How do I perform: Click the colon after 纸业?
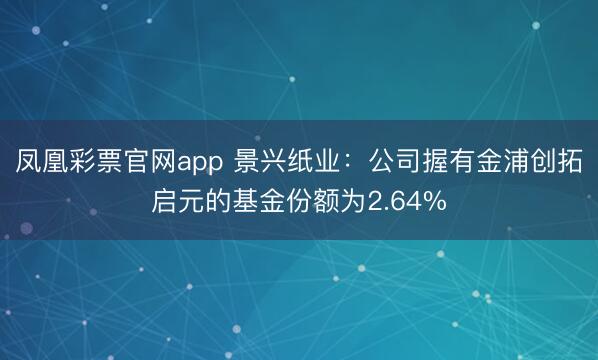coord(353,163)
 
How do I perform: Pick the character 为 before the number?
coord(357,203)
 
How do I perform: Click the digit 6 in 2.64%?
coord(397,203)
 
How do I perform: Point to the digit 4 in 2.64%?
coord(413,203)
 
